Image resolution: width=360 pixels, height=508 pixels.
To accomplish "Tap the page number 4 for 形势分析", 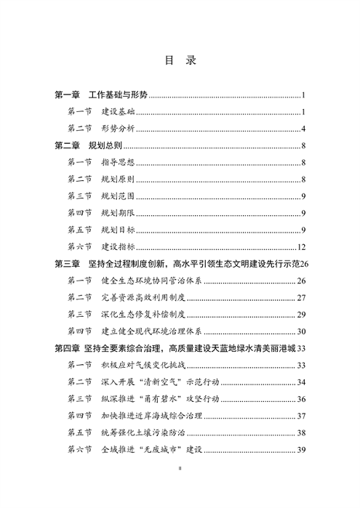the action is (x=303, y=129).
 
